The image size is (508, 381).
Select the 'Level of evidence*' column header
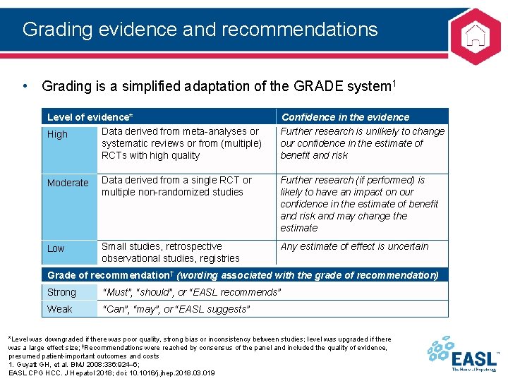click(x=90, y=117)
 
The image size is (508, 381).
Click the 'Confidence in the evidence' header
click(x=345, y=117)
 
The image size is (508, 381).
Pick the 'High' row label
click(x=57, y=135)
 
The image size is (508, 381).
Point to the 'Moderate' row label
click(x=68, y=183)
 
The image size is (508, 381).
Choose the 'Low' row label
click(x=56, y=248)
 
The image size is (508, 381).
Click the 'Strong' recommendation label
click(x=61, y=292)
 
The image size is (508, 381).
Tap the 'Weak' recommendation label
click(x=60, y=309)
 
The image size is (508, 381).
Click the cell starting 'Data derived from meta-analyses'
click(x=181, y=143)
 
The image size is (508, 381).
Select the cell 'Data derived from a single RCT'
click(x=176, y=186)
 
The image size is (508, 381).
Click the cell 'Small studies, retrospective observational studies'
click(x=171, y=252)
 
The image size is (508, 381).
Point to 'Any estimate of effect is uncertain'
click(x=354, y=246)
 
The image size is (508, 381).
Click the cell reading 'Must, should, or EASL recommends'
click(x=192, y=292)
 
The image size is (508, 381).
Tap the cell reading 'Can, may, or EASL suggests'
click(x=176, y=309)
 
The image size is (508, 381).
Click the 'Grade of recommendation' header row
click(x=243, y=275)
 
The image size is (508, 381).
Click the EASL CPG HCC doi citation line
click(x=111, y=373)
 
